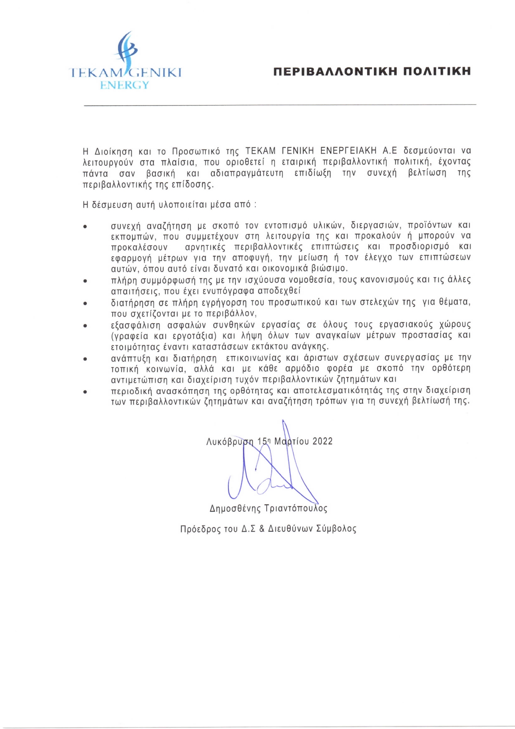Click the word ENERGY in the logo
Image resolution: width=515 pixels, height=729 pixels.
pos(125,85)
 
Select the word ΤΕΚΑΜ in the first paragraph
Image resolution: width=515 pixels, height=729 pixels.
pos(260,150)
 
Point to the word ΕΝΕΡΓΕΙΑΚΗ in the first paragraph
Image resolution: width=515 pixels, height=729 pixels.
pos(348,150)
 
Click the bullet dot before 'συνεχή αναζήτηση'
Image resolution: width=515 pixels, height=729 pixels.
pos(85,227)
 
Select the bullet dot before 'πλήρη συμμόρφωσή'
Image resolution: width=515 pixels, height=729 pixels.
pos(85,281)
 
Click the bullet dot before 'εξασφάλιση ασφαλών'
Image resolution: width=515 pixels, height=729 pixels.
pos(85,326)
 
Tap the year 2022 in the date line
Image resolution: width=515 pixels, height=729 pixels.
pos(323,441)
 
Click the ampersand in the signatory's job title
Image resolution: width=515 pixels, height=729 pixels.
pos(262,529)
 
